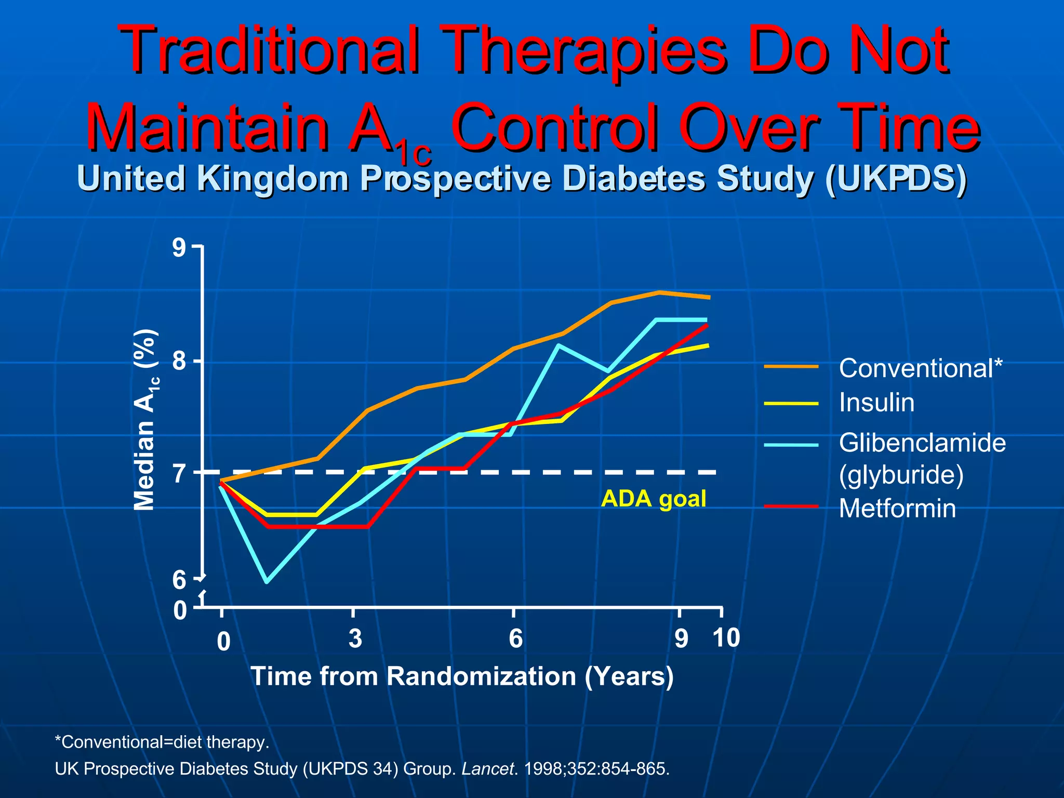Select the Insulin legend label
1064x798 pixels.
[x=876, y=403]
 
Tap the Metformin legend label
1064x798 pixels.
[x=897, y=508]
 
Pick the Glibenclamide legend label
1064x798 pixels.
[x=922, y=443]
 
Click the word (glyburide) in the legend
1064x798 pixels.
[x=901, y=474]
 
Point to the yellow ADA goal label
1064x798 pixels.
[x=654, y=499]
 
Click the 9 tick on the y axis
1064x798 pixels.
[x=179, y=248]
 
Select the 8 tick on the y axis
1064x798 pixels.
[x=179, y=361]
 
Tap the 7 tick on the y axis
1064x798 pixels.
[x=179, y=473]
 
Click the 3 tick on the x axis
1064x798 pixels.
[x=355, y=639]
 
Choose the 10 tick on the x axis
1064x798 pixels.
[x=726, y=637]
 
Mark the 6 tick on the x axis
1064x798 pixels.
[x=515, y=639]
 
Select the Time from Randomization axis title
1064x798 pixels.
[x=462, y=676]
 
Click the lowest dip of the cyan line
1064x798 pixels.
[x=267, y=581]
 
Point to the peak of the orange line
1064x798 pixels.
[x=659, y=292]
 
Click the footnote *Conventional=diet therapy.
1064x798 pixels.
[x=162, y=741]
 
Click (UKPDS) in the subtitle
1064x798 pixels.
[x=895, y=178]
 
